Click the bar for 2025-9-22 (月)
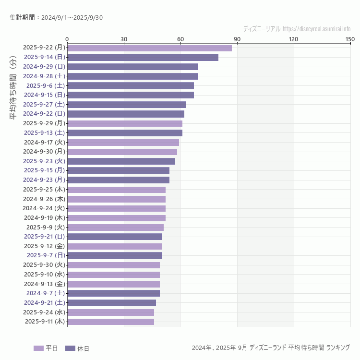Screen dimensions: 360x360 pyautogui.click(x=149, y=48)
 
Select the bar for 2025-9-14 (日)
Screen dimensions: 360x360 pyautogui.click(x=143, y=57)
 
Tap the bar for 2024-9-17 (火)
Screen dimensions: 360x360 pyautogui.click(x=123, y=142)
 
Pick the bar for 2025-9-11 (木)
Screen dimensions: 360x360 pyautogui.click(x=110, y=322)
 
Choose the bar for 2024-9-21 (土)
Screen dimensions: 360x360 pyautogui.click(x=111, y=303)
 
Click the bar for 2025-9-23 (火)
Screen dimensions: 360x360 pyautogui.click(x=121, y=161)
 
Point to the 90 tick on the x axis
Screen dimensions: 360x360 pyautogui.click(x=237, y=39)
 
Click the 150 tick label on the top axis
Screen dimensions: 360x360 pyautogui.click(x=350, y=39)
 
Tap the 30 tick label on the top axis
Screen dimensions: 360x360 pyautogui.click(x=124, y=39)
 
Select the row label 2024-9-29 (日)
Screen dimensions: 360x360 pyautogui.click(x=44, y=67)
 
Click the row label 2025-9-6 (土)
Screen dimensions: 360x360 pyautogui.click(x=46, y=85)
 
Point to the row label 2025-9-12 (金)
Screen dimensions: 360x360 pyautogui.click(x=44, y=246)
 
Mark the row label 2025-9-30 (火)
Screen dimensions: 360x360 pyautogui.click(x=44, y=265)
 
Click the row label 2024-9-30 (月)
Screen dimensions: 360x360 pyautogui.click(x=44, y=152)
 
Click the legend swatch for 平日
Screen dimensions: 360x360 pyautogui.click(x=38, y=348)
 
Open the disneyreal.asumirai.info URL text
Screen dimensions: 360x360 pyautogui.click(x=316, y=29)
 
